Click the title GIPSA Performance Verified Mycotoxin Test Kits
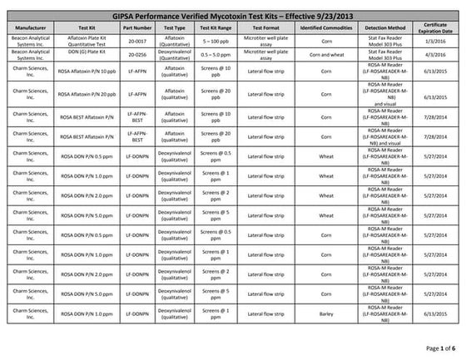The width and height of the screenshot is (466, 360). pos(233,16)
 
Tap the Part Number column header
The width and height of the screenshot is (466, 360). pos(136,27)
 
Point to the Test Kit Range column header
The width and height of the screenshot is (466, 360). pos(216,27)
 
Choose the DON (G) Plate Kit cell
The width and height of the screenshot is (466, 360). pos(86,53)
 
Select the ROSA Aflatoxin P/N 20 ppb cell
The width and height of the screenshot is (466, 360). pos(86,93)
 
